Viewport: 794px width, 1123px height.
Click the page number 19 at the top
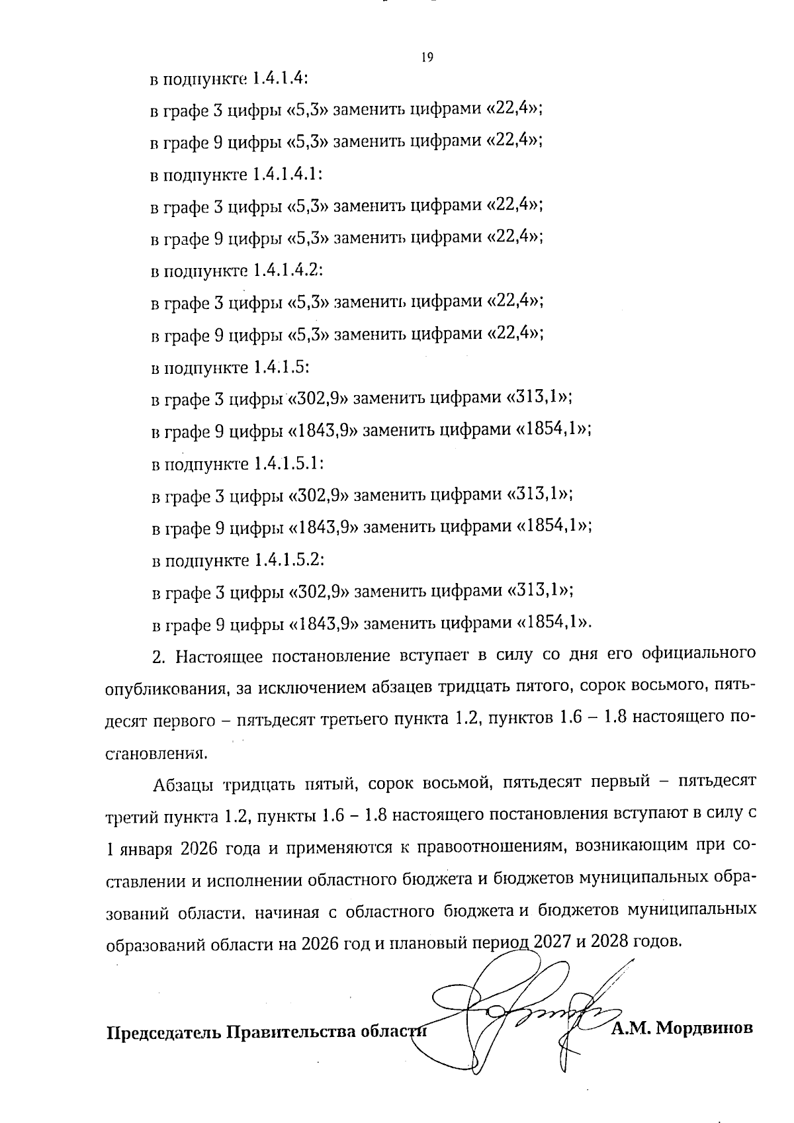427,58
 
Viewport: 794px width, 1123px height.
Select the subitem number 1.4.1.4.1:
288,175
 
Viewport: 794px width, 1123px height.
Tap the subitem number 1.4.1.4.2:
288,271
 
